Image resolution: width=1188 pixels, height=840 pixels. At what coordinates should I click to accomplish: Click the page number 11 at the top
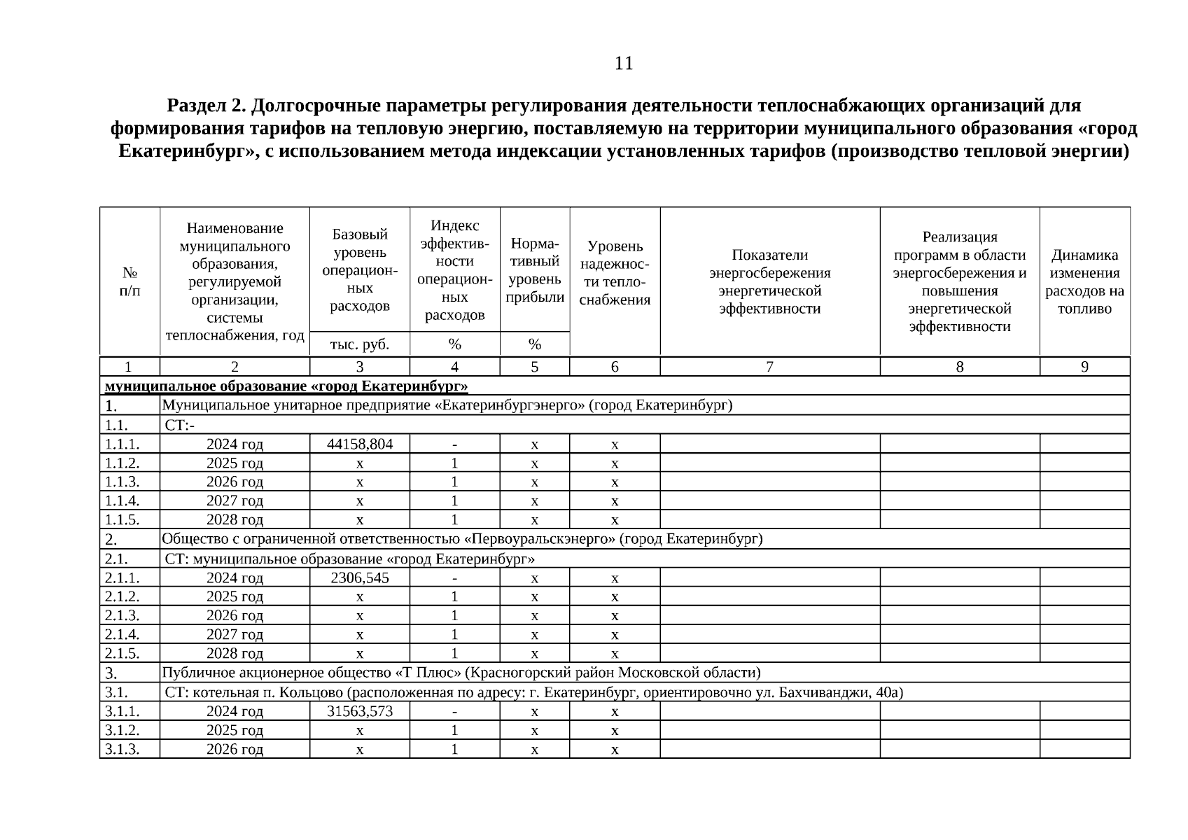coord(623,64)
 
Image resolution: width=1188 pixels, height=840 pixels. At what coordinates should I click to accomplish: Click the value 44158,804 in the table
coord(360,444)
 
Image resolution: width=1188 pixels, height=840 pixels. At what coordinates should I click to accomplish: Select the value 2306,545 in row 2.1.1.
coord(360,577)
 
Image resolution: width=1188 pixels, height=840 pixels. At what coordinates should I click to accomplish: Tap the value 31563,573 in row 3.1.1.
coord(360,711)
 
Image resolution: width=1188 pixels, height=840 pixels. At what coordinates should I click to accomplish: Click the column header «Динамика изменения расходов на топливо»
coord(1084,281)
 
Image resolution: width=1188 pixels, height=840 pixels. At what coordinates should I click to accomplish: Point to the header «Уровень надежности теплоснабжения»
coord(615,273)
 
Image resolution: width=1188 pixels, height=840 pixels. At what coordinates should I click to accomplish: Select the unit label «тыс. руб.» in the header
coord(360,344)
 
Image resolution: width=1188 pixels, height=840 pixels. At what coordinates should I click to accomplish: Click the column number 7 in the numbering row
coord(769,367)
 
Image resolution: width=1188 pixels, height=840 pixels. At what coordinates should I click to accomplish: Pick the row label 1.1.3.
coord(123,482)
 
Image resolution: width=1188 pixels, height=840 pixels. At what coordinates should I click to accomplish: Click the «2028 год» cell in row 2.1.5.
coord(235,653)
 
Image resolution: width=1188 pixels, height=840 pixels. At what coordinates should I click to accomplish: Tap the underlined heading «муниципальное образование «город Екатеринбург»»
coord(286,386)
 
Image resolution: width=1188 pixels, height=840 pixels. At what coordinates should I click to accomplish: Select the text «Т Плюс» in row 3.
coord(427,673)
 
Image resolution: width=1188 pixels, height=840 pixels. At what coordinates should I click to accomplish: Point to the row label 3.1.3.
coord(123,749)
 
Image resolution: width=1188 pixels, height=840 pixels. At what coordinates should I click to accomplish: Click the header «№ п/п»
coord(130,281)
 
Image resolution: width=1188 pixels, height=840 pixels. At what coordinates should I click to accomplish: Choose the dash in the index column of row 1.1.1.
coord(454,444)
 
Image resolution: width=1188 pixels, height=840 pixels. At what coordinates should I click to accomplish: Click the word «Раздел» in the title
coord(194,106)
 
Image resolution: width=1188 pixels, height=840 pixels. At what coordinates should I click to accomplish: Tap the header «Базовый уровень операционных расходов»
coord(360,269)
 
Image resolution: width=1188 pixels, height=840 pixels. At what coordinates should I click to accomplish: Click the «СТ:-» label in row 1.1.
coord(180,425)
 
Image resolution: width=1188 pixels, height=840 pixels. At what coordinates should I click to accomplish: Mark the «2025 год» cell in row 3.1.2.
coord(235,730)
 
